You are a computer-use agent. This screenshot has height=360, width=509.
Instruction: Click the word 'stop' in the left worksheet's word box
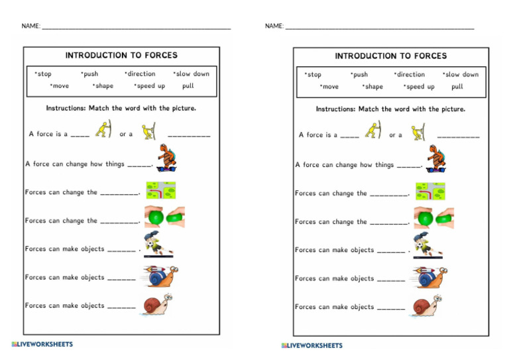click(44, 74)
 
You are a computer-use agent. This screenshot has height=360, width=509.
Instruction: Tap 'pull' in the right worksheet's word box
click(457, 87)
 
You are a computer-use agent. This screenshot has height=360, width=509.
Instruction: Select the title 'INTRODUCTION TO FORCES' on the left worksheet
click(121, 55)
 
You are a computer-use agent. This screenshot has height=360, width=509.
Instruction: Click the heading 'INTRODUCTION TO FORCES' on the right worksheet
click(391, 56)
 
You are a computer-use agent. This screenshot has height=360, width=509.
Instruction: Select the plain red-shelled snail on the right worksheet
click(426, 306)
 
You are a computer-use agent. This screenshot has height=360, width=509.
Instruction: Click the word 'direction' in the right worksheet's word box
click(411, 75)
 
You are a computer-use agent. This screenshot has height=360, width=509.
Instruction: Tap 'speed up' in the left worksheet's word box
click(150, 86)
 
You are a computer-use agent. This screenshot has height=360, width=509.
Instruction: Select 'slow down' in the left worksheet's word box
click(192, 74)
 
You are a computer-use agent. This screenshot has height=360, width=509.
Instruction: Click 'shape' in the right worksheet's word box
click(373, 87)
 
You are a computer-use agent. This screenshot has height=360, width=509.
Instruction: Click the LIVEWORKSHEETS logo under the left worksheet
click(42, 344)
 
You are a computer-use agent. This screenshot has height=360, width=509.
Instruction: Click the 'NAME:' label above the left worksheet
click(30, 26)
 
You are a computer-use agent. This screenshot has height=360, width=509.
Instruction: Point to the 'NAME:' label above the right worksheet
click(274, 26)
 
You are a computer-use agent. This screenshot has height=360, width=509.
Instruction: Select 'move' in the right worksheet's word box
click(329, 87)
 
